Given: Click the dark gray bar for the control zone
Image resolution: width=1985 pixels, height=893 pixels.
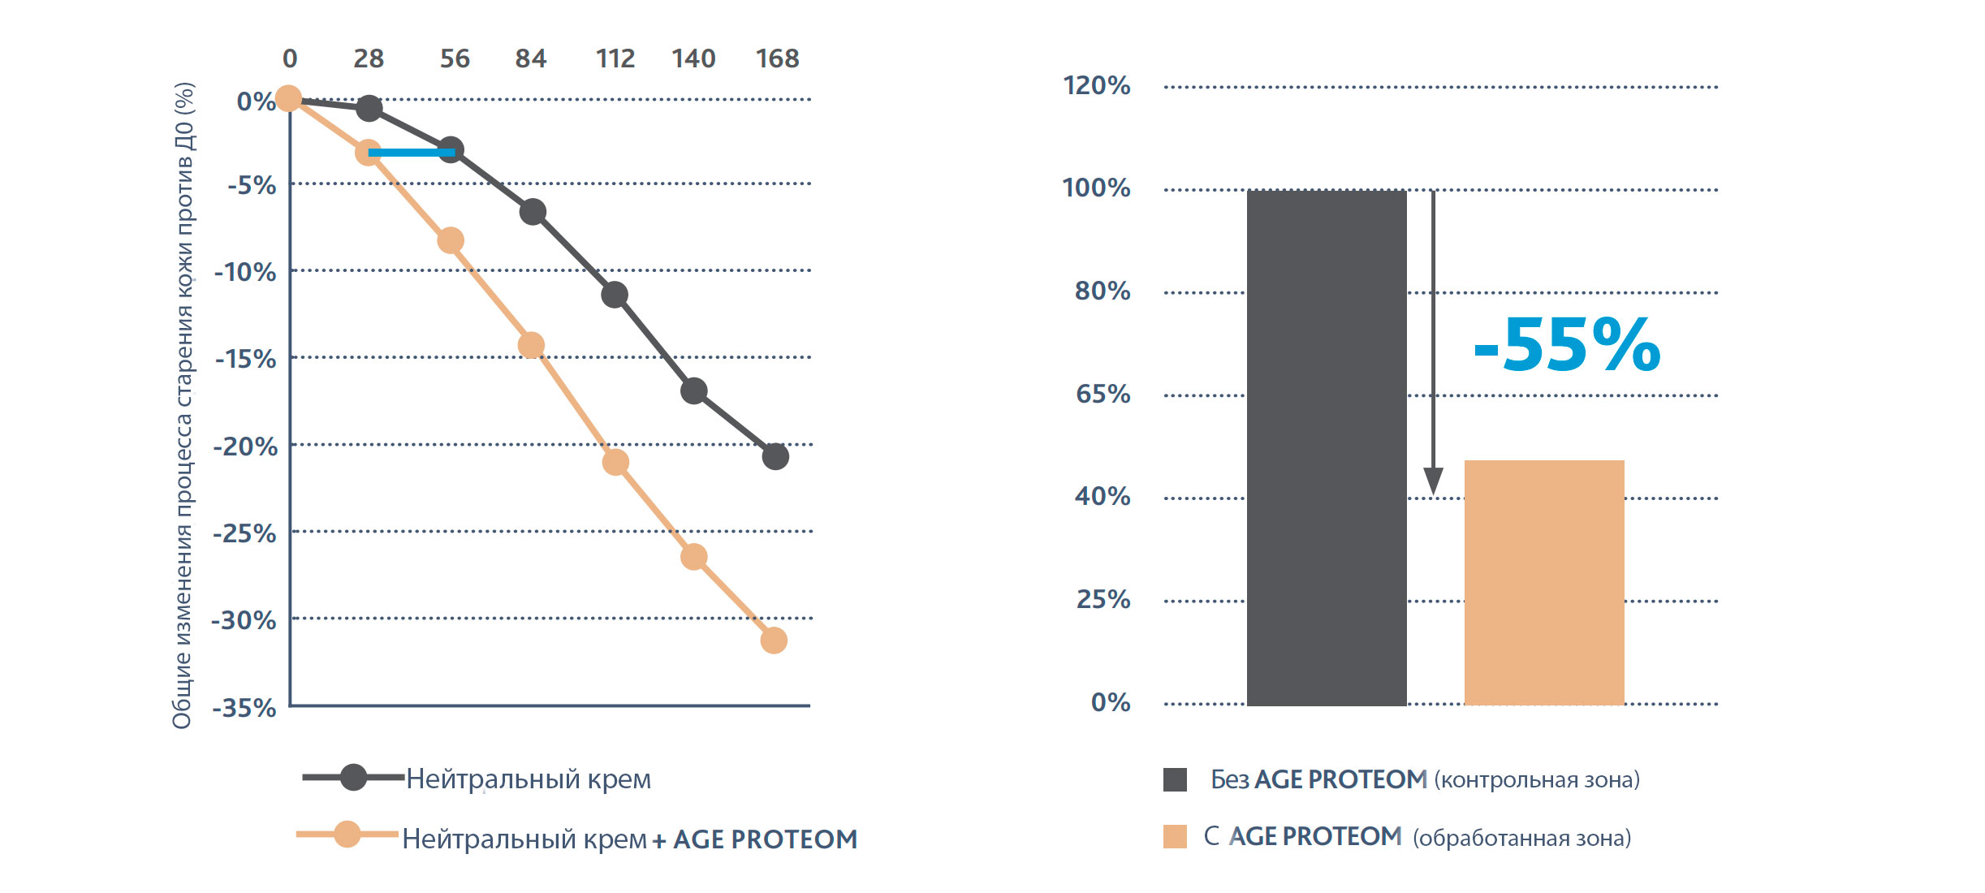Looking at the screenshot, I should [1327, 447].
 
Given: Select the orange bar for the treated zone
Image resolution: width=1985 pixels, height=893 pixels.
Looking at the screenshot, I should [1543, 582].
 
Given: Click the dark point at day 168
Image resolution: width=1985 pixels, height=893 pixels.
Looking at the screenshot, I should [775, 456].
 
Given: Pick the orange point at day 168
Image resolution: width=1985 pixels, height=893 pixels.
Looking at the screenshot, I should [774, 641].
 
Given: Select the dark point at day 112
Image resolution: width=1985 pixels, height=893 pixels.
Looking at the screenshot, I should [615, 294].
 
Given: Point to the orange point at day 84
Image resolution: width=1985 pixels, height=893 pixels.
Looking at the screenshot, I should [531, 345].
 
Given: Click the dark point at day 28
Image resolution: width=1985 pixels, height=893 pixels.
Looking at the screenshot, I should [369, 108].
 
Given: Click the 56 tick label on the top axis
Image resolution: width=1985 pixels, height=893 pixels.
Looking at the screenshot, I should [455, 58].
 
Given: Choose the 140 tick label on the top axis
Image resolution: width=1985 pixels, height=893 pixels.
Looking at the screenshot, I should [693, 58].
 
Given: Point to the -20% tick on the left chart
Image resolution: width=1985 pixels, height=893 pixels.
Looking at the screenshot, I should [245, 446].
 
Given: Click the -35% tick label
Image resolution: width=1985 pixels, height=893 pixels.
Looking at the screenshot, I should [244, 708].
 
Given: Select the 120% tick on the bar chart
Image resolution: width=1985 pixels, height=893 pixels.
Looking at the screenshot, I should [1096, 85].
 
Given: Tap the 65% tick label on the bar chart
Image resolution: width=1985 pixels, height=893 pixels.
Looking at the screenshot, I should [1103, 394].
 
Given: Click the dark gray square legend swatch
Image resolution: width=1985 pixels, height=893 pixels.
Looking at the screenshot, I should [1175, 779].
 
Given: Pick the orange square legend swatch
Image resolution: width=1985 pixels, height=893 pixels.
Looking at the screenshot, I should [1175, 836].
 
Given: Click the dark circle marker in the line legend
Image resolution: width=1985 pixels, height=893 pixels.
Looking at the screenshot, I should [353, 777].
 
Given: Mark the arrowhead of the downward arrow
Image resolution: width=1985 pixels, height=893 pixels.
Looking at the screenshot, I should [1433, 481].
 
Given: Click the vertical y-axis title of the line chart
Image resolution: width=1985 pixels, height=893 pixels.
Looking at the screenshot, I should [183, 406].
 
